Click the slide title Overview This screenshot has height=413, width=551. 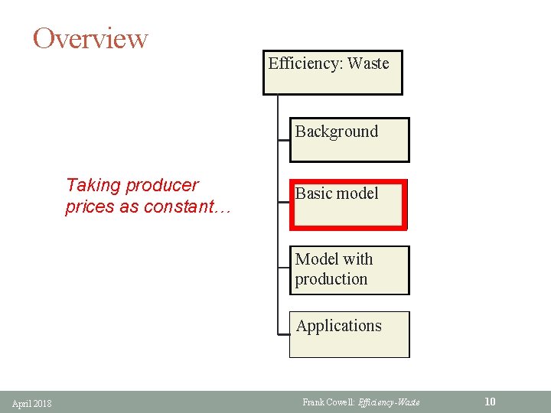pyautogui.click(x=90, y=37)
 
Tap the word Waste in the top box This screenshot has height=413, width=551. pyautogui.click(x=368, y=63)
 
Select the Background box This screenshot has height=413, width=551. pyautogui.click(x=349, y=139)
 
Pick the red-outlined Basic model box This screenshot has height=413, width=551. pyautogui.click(x=348, y=204)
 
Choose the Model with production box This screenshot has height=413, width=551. pyautogui.click(x=349, y=270)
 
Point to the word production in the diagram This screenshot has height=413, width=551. pyautogui.click(x=331, y=279)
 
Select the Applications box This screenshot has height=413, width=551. pyautogui.click(x=349, y=334)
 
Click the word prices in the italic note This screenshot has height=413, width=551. pyautogui.click(x=89, y=206)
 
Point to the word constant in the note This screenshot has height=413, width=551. pyautogui.click(x=184, y=206)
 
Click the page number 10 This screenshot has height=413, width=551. pyautogui.click(x=490, y=402)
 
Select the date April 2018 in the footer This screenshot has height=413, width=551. pyautogui.click(x=32, y=403)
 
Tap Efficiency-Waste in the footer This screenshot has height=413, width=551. pyautogui.click(x=393, y=402)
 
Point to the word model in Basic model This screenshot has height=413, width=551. pyautogui.click(x=358, y=193)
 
